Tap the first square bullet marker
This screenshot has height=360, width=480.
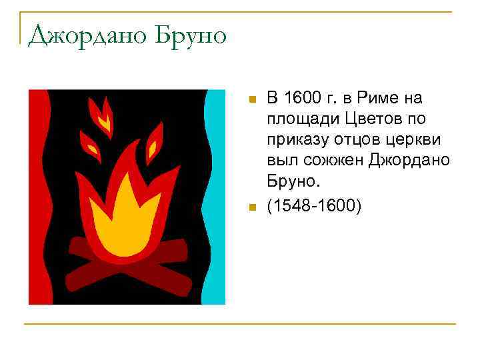251,100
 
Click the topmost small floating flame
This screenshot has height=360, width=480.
101,113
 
